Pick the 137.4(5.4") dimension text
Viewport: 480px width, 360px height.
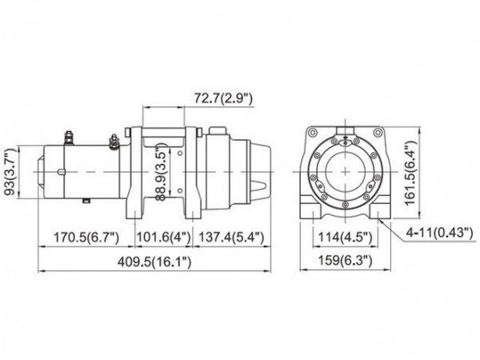(227, 238)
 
